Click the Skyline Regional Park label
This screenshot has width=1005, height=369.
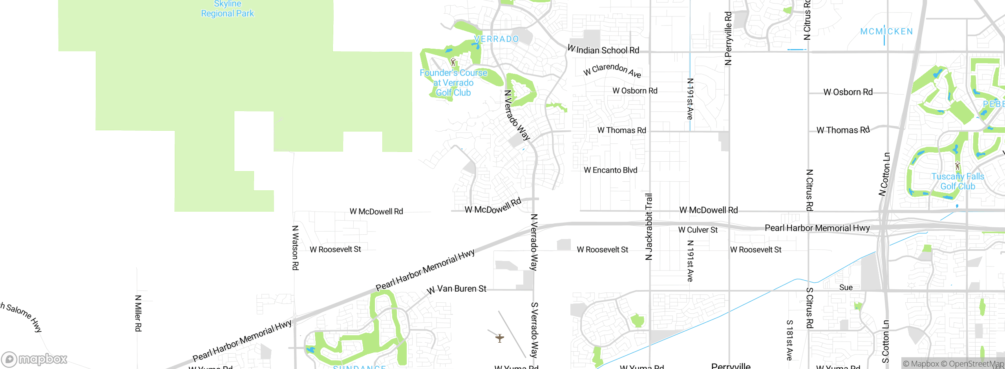[227, 9]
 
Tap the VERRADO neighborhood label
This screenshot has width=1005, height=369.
[496, 39]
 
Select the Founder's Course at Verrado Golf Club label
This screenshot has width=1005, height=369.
[453, 83]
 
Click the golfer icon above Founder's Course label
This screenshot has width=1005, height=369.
[453, 62]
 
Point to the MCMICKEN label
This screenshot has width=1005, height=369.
[886, 31]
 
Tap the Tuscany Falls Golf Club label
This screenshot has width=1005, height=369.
[957, 181]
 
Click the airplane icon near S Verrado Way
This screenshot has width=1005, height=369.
[499, 338]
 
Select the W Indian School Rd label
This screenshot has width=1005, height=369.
[603, 50]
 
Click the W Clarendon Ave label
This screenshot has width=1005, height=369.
[612, 70]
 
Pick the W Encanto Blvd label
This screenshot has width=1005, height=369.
[610, 170]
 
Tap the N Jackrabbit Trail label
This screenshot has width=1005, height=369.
[649, 227]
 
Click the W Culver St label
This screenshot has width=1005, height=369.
[698, 230]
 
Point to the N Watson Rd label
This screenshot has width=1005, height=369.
[295, 247]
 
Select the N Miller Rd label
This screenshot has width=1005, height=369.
[138, 313]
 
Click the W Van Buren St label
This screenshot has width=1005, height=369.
[457, 289]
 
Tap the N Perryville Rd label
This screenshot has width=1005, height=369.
[728, 38]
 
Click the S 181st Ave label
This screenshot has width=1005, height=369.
[789, 340]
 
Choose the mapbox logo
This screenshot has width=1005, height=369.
[35, 359]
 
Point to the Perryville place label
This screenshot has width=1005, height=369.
[731, 365]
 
